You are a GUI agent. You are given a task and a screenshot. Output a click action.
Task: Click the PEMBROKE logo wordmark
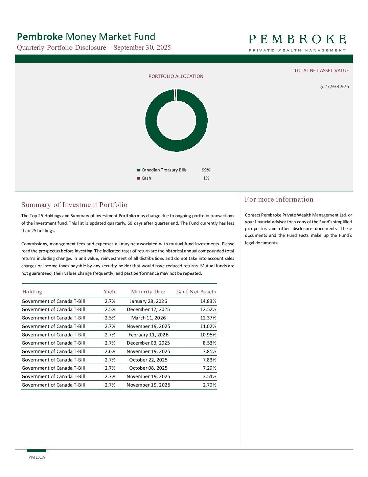tap(297, 40)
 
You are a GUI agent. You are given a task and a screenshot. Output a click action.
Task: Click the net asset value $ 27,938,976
tap(335, 86)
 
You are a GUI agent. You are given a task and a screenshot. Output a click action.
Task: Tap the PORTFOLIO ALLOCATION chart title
tap(176, 76)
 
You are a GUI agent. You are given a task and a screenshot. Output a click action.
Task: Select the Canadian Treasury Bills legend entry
tap(164, 170)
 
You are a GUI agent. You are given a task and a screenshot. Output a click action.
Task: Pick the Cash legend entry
tap(146, 178)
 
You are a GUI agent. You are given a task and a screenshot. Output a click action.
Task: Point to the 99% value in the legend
tap(206, 170)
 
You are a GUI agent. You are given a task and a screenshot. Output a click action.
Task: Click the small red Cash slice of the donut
tap(175, 95)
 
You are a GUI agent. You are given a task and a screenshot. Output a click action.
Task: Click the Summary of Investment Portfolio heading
tap(74, 205)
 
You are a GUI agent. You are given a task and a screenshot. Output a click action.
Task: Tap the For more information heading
tap(279, 199)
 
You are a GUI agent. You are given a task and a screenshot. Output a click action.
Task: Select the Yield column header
tap(110, 292)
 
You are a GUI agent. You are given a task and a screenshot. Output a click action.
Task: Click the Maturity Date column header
tap(148, 292)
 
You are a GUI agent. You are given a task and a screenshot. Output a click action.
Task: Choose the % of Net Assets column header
tap(196, 292)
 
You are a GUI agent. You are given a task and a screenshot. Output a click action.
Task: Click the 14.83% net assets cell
tap(208, 301)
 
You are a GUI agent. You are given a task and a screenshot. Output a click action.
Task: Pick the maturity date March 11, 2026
tap(148, 318)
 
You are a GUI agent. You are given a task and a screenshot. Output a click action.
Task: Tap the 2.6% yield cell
tap(110, 351)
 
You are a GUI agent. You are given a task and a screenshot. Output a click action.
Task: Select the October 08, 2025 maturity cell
tap(148, 368)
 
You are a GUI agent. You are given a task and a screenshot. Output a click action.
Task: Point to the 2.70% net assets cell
tap(209, 385)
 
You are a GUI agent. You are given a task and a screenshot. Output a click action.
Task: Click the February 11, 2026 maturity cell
tap(148, 335)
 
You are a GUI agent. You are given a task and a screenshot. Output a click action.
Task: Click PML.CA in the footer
tap(37, 457)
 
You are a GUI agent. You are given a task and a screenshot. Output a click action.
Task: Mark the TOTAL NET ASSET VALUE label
tap(321, 70)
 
